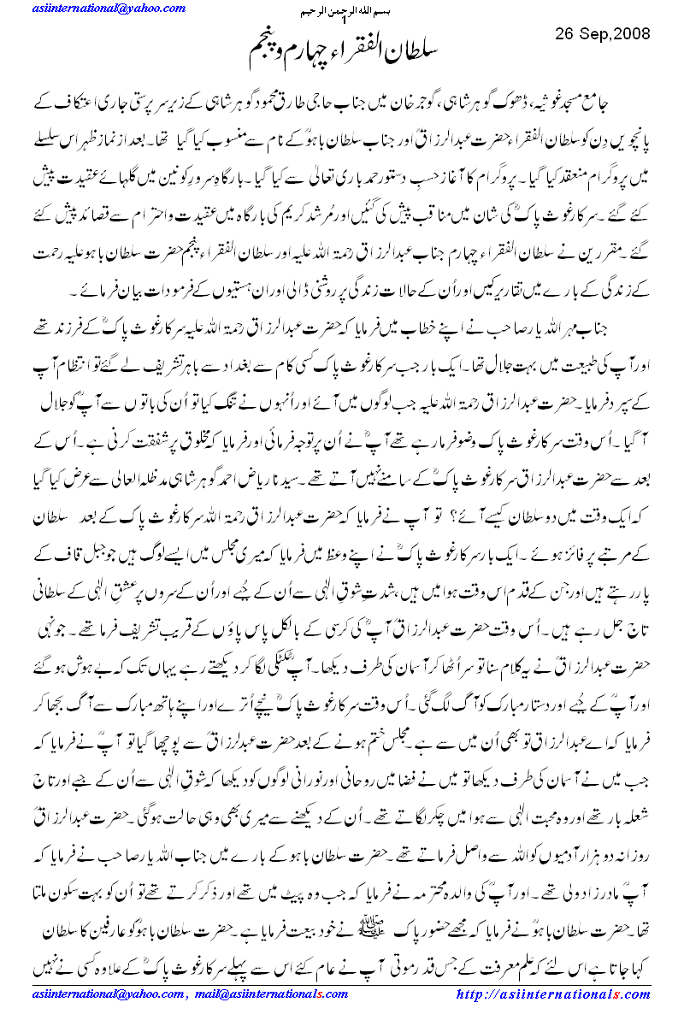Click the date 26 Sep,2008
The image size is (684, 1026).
pos(602,35)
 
